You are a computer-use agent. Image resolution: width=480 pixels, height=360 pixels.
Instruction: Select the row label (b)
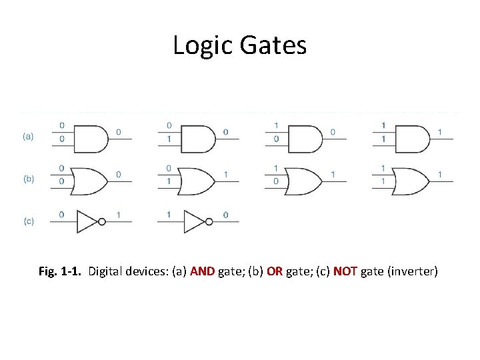(29, 179)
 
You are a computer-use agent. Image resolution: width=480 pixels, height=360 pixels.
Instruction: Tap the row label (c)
(29, 221)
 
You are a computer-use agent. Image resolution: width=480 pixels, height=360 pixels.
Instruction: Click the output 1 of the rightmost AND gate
(439, 132)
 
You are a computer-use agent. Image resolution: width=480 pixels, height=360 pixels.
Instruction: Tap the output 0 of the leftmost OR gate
(119, 175)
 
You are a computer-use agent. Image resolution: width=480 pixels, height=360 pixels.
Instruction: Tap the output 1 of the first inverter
(119, 215)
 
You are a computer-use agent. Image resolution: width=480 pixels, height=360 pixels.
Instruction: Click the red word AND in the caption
(203, 271)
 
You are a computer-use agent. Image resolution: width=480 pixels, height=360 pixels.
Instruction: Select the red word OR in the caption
(275, 271)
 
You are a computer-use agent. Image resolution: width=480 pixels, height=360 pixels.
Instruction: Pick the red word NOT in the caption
(345, 271)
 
